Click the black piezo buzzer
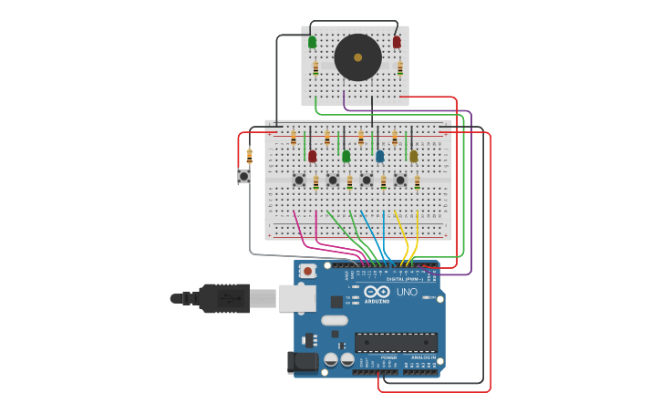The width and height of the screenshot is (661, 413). click(357, 57)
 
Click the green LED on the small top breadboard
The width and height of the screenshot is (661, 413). click(313, 42)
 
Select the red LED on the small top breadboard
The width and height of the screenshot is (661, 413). click(397, 42)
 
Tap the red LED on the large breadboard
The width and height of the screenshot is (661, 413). click(312, 156)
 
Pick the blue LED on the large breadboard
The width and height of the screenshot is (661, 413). click(379, 156)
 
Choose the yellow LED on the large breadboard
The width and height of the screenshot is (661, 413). click(413, 156)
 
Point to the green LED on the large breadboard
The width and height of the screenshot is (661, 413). click(346, 156)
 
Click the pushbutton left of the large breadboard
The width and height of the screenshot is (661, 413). click(243, 176)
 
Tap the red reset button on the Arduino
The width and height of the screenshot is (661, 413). click(308, 271)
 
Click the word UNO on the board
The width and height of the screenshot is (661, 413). click(407, 292)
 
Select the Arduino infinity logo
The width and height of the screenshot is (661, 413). click(377, 292)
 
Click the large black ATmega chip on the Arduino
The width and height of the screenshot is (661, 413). click(395, 343)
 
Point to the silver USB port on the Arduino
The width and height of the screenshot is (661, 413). click(297, 298)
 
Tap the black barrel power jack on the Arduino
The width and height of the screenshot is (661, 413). click(303, 362)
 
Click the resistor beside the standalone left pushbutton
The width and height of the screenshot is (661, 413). click(249, 157)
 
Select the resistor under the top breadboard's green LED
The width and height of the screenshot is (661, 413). click(315, 67)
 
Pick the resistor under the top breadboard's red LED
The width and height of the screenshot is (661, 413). click(399, 67)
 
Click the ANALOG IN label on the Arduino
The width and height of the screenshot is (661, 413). click(420, 357)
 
